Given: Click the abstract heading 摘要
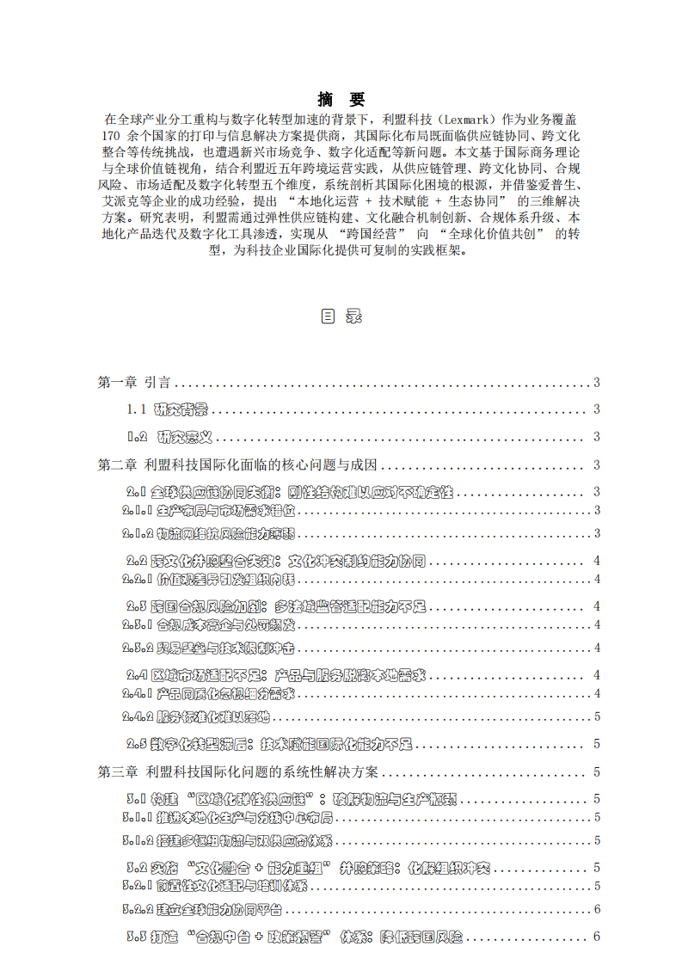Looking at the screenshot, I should coord(341,98).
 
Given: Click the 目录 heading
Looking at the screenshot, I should coord(341,316).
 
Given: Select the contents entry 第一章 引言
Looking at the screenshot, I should coord(134,383).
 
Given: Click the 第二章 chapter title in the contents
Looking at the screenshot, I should coord(238,465).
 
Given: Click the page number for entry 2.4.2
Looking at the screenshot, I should coord(597,716).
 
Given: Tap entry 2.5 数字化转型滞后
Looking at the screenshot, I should coord(269,744).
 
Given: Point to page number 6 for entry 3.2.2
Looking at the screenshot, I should coord(597,908).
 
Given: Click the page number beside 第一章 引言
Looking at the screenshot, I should coord(597,383).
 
